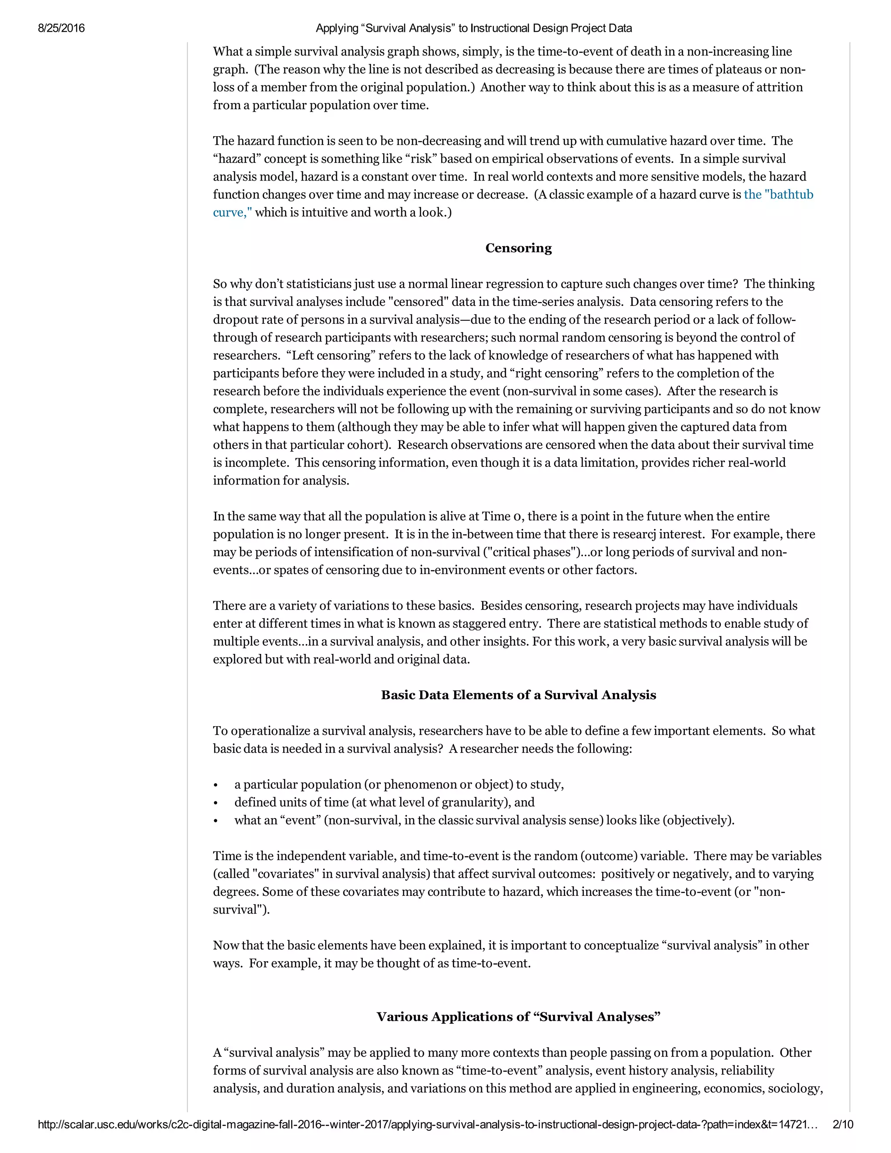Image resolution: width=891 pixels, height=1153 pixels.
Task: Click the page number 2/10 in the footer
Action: click(842, 1124)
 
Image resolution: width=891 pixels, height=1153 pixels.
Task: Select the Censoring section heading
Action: click(518, 248)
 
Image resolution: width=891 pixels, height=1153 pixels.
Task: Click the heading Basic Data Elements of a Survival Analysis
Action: click(518, 695)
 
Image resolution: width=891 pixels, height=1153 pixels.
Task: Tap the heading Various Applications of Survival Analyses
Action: click(518, 1017)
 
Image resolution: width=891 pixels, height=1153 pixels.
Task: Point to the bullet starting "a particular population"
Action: click(399, 784)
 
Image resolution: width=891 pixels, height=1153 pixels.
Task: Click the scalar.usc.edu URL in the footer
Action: click(428, 1124)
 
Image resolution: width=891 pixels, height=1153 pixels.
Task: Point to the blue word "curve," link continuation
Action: click(232, 213)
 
